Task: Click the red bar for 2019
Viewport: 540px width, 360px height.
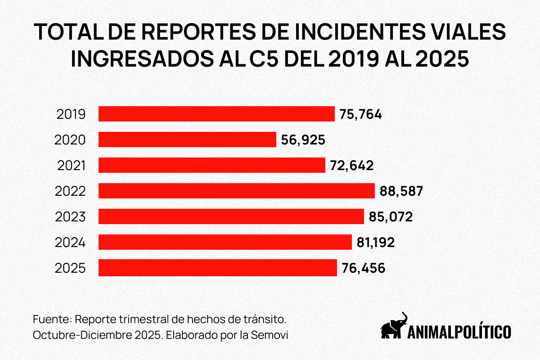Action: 216,114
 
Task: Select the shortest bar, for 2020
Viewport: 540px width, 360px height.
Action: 187,139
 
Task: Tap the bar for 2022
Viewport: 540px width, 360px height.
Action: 237,191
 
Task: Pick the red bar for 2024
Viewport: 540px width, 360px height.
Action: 225,242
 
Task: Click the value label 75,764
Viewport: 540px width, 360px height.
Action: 361,114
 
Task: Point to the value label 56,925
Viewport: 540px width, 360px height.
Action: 303,140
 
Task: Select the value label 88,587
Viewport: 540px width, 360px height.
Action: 401,191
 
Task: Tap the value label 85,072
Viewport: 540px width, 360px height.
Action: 391,217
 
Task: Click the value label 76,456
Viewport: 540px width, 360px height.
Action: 363,268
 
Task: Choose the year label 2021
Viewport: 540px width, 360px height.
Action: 71,166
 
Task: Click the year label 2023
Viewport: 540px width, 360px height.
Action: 70,217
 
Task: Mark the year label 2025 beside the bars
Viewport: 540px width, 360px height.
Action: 70,268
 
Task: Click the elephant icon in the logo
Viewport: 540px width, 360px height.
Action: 394,325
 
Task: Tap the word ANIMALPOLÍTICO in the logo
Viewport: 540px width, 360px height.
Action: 459,332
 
